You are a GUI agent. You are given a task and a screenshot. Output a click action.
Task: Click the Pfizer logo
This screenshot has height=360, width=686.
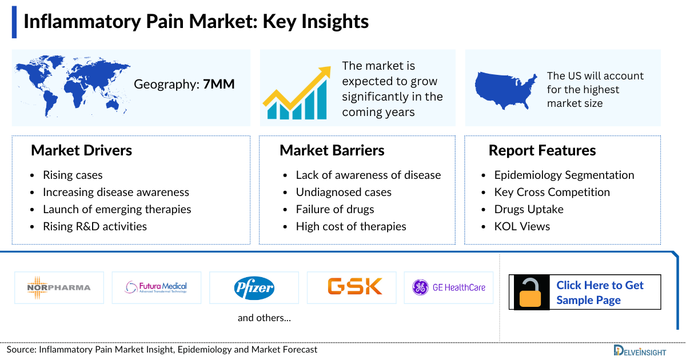[x=254, y=287]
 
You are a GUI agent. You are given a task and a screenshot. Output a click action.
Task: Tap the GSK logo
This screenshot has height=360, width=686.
[x=354, y=286]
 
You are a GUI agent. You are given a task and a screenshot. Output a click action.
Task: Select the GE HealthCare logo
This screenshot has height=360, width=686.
[x=449, y=287]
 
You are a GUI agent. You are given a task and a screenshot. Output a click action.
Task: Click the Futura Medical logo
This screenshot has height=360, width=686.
[x=156, y=287]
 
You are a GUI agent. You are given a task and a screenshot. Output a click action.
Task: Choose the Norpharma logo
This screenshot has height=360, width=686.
[x=59, y=287]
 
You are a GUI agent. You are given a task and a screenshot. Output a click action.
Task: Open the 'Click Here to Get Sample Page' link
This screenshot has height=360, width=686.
[x=599, y=293]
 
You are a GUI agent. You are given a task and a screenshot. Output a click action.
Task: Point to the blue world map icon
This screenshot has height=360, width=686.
[x=73, y=84]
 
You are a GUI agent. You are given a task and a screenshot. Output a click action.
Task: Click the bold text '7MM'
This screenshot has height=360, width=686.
[x=218, y=85]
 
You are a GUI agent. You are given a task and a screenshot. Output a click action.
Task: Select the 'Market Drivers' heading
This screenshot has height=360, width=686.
[x=81, y=150]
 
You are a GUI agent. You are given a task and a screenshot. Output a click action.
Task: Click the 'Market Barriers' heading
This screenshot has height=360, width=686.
[x=332, y=150]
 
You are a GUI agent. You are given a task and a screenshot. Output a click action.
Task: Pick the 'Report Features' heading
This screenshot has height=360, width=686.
[x=542, y=150]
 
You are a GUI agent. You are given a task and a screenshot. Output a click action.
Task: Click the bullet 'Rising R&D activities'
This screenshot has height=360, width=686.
[x=95, y=226]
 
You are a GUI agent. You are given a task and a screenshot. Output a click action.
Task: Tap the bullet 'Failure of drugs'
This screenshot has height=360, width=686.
[x=335, y=209]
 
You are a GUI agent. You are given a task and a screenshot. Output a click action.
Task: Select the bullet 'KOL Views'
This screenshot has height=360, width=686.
[x=522, y=226]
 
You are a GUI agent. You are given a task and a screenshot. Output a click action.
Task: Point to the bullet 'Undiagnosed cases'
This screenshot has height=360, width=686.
[x=344, y=192]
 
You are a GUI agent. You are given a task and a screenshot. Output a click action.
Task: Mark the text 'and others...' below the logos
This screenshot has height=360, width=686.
[x=264, y=318]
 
